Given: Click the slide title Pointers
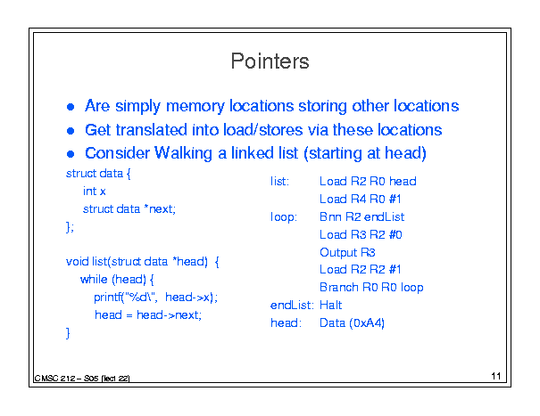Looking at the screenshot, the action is (x=270, y=61).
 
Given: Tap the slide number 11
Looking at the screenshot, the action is (x=496, y=376).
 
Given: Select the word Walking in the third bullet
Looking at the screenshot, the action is (x=183, y=153).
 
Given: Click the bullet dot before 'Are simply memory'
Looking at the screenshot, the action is (x=71, y=107).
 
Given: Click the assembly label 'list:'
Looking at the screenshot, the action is (x=279, y=181).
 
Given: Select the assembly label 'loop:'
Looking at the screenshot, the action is (x=284, y=217).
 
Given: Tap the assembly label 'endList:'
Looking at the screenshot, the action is (x=292, y=305).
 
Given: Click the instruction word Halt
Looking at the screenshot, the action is (x=330, y=305).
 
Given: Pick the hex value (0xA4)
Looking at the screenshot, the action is (x=367, y=322).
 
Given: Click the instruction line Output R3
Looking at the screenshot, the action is (x=347, y=252).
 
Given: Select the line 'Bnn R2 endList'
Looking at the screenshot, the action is (x=362, y=217).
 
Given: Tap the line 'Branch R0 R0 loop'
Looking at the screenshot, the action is (x=371, y=287).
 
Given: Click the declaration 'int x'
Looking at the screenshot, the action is (x=94, y=192).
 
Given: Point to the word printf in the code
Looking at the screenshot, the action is (x=106, y=297).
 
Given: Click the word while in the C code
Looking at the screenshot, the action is (x=94, y=279).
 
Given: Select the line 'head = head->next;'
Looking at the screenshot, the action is (x=148, y=315).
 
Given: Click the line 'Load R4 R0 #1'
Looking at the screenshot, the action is (x=361, y=199).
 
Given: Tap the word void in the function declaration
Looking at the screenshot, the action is (x=77, y=262).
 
